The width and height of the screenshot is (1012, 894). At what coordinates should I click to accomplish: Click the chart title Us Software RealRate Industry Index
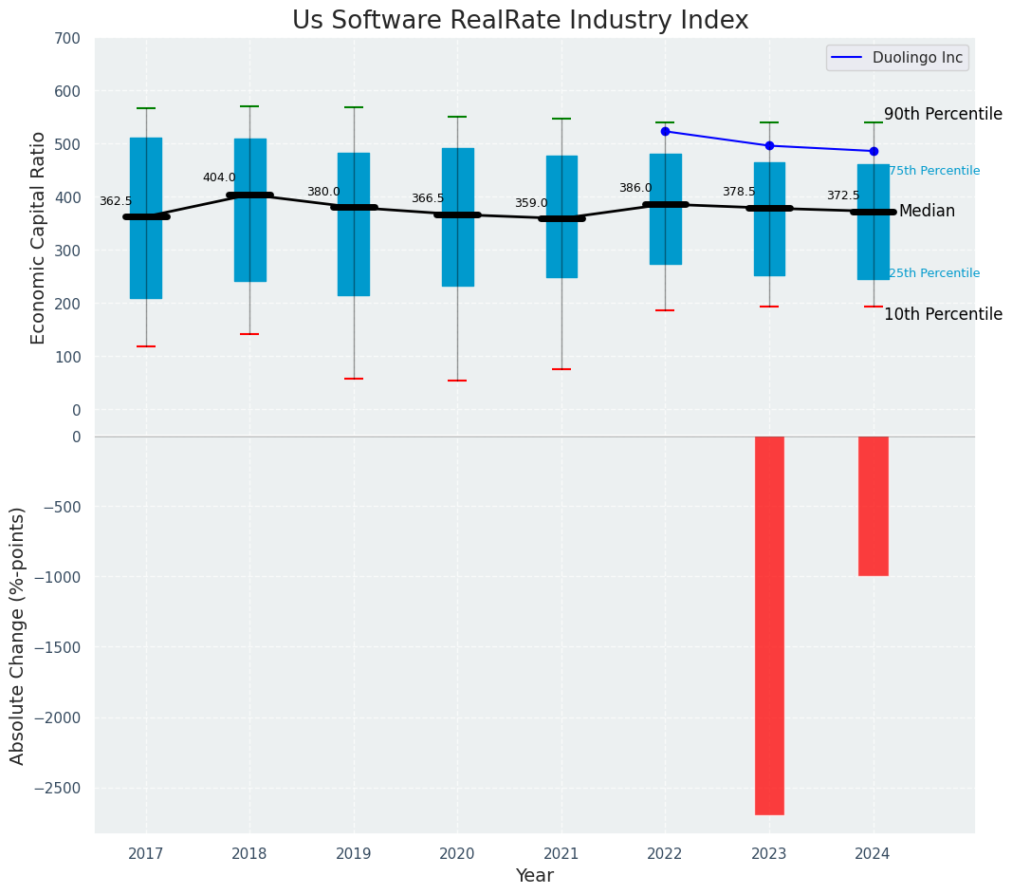click(x=520, y=21)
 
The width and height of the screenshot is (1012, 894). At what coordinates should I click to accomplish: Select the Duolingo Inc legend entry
click(x=897, y=58)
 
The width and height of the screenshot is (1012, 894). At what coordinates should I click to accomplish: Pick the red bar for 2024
click(x=873, y=506)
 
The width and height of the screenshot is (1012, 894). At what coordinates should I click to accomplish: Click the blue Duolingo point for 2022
click(x=665, y=131)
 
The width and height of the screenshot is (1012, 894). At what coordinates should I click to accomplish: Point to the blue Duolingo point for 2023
click(x=769, y=145)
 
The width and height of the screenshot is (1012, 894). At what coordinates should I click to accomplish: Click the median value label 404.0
click(x=219, y=177)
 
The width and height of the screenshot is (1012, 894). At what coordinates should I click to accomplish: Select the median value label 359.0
click(x=531, y=203)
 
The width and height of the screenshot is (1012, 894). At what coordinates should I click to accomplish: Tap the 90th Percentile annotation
click(x=943, y=114)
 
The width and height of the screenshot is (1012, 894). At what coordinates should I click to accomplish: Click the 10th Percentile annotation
click(x=943, y=314)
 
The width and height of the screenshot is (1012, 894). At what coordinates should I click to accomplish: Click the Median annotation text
click(x=927, y=211)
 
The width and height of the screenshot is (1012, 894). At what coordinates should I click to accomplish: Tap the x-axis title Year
click(x=534, y=876)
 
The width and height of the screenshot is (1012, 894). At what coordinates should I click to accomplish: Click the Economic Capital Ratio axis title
click(x=39, y=237)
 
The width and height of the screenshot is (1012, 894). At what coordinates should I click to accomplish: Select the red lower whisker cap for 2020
click(x=457, y=381)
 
